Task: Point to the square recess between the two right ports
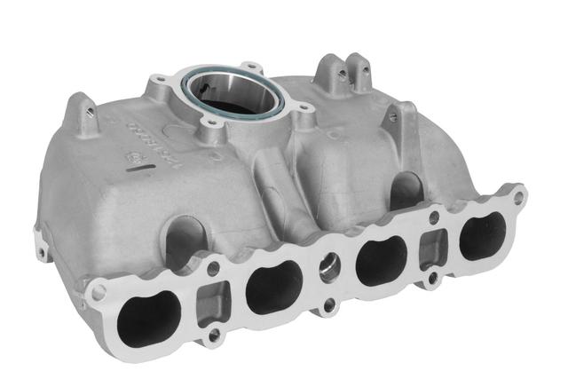pos(433,245)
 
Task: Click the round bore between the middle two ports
pos(330,268)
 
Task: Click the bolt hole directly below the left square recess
pos(213,336)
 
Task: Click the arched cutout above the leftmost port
pos(177,240)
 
